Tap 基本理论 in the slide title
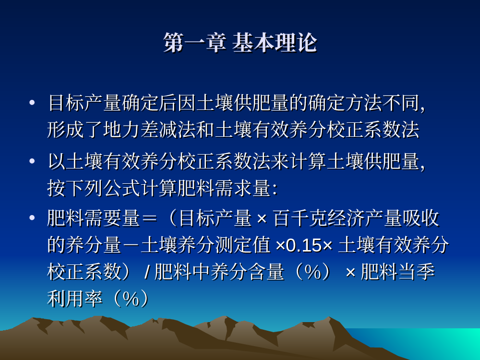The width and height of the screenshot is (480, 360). (x=274, y=43)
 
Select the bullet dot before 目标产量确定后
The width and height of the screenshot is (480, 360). (x=32, y=103)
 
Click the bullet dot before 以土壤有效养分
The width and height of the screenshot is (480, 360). (x=32, y=161)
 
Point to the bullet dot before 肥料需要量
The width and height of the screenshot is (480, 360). (x=32, y=218)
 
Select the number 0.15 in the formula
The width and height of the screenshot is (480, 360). (x=303, y=245)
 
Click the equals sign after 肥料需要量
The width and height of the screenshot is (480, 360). (x=149, y=218)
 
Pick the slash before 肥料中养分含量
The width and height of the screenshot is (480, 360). (x=147, y=272)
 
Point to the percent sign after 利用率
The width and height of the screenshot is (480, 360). (x=131, y=299)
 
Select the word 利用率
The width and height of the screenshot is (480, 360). (x=75, y=299)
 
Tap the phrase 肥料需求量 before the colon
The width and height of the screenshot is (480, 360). (x=224, y=188)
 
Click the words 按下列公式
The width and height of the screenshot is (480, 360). (x=94, y=188)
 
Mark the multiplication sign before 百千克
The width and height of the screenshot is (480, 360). (x=262, y=219)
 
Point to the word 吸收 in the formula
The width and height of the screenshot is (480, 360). (x=421, y=218)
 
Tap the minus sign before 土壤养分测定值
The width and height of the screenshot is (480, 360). (x=131, y=245)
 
